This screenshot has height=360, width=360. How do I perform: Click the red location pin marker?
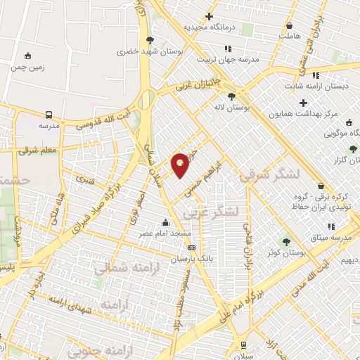coord(181,165)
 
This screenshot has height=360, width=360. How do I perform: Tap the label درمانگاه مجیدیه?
coord(208,27)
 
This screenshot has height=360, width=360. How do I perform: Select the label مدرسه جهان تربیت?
coord(226,60)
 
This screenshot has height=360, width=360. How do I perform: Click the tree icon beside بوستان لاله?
coord(231,96)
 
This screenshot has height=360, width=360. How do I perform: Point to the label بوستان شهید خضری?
coord(149,51)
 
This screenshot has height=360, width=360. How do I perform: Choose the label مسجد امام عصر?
coord(165,232)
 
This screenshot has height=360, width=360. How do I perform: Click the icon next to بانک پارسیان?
coord(191,248)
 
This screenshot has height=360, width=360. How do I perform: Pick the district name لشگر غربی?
coord(211,211)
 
